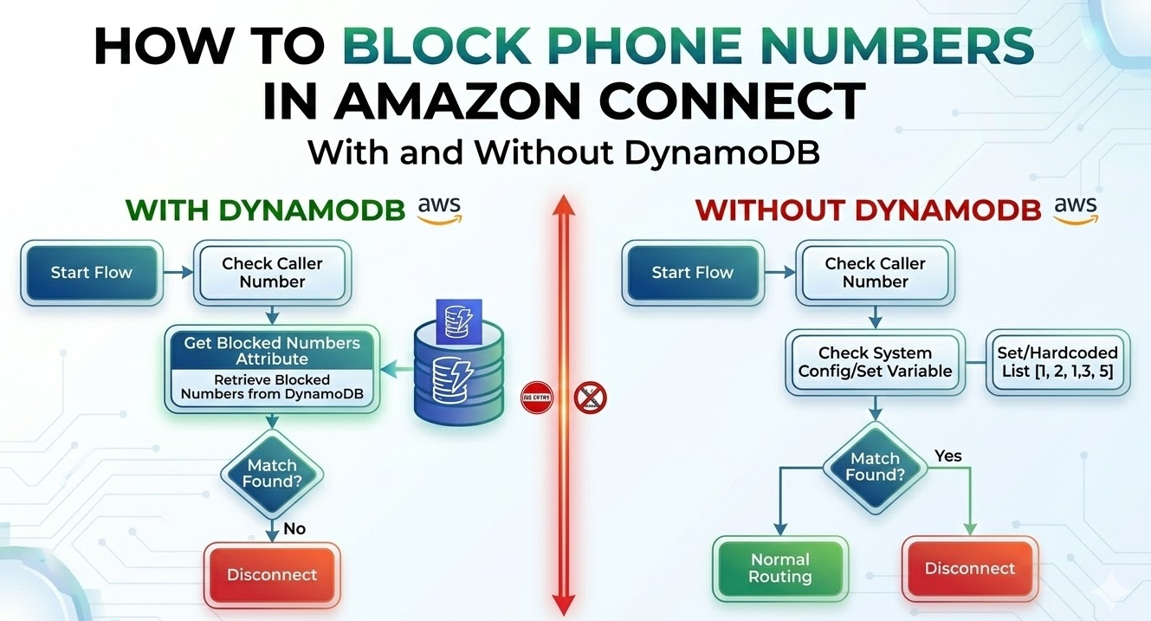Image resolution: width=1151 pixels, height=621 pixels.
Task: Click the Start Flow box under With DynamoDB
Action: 91,273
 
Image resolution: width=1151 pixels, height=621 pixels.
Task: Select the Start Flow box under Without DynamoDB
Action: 692,273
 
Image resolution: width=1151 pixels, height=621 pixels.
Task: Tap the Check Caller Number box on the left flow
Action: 272,273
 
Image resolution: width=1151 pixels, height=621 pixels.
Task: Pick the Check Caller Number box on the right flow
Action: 875,273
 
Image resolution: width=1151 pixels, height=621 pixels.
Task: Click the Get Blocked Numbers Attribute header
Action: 272,350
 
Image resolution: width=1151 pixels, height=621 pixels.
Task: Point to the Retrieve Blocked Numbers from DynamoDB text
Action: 272,387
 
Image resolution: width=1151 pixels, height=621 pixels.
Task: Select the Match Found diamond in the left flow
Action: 272,474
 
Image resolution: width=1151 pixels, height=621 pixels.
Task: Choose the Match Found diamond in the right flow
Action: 875,467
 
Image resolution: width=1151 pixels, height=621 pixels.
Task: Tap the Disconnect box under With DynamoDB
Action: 272,575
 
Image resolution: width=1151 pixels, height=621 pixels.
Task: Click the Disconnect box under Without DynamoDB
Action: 969,569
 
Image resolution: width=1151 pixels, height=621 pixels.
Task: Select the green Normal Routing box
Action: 780,569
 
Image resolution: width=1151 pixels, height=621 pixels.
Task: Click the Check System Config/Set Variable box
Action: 875,362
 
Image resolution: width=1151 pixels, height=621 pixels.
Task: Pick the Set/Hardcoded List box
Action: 1057,362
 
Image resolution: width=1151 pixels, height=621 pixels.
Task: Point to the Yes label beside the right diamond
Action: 948,456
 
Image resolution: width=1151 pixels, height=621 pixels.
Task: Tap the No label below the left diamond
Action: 294,528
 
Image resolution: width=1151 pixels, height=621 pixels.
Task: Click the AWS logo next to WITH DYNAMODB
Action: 440,210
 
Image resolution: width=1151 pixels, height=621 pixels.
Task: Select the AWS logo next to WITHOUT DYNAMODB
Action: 1076,210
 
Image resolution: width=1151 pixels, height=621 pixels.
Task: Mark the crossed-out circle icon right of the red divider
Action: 591,398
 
